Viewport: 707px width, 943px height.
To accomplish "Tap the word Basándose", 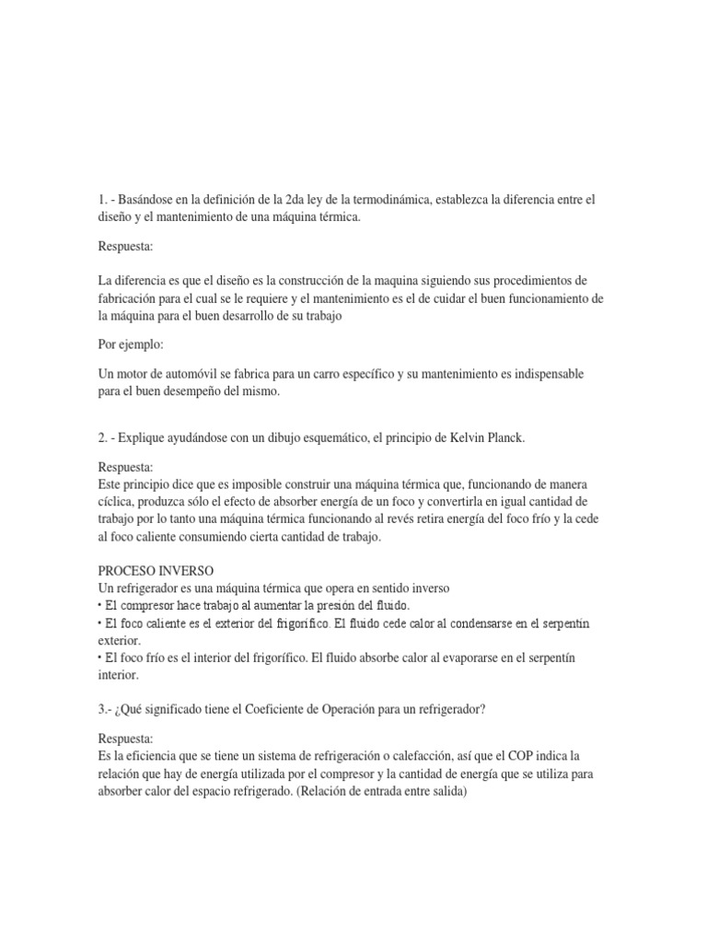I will click(150, 200).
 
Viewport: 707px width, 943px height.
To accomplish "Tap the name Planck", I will click(503, 437).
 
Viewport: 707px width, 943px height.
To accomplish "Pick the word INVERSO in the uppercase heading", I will click(191, 571).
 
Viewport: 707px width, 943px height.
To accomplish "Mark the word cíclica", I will click(121, 501).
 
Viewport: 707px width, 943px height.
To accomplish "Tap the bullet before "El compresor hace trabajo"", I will click(99, 606).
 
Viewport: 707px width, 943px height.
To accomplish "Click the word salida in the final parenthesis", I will click(446, 791).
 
